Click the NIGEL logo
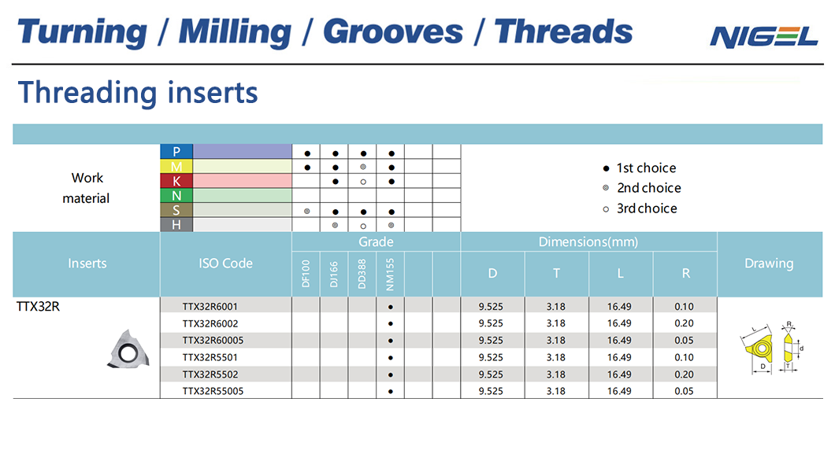click(x=763, y=37)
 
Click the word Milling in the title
click(x=235, y=32)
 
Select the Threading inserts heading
click(x=138, y=93)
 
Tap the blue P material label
click(x=176, y=152)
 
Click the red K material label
click(x=176, y=181)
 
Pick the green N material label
click(x=176, y=196)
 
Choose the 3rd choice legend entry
click(x=640, y=208)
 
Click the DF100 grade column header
click(x=306, y=274)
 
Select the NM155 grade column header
click(x=391, y=275)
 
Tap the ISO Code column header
click(x=226, y=263)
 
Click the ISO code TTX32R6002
click(x=210, y=323)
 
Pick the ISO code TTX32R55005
click(x=213, y=391)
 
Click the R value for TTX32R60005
click(x=684, y=340)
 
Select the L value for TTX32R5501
click(x=619, y=357)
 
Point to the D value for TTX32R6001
click(x=491, y=307)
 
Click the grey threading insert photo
click(x=128, y=349)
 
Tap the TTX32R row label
click(x=38, y=307)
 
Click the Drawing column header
click(x=769, y=263)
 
